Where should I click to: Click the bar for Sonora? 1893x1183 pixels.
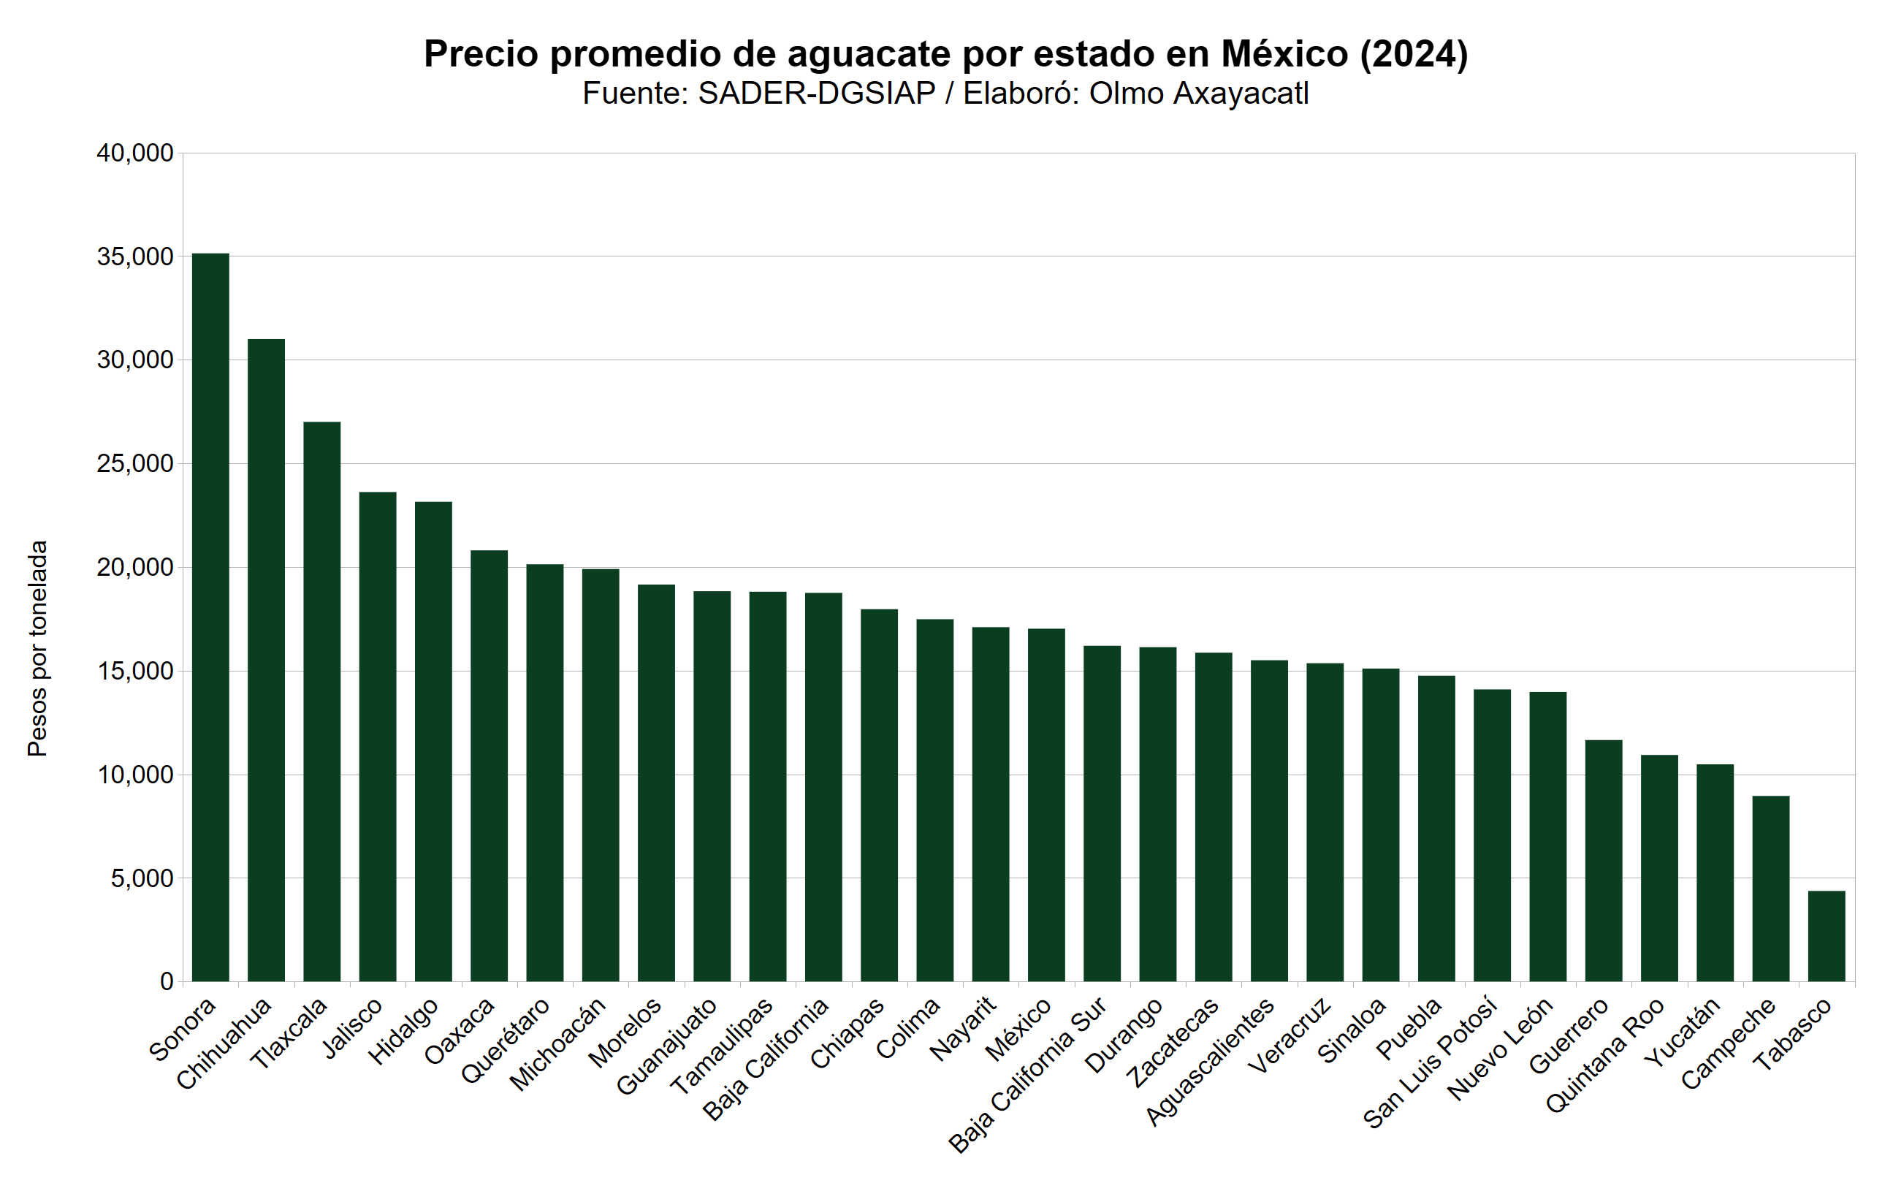pyautogui.click(x=210, y=617)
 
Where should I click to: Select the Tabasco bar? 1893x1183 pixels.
pyautogui.click(x=1827, y=936)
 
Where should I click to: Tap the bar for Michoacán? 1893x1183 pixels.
pyautogui.click(x=601, y=775)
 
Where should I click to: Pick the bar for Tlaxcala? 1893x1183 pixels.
pyautogui.click(x=322, y=701)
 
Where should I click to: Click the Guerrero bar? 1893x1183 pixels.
pyautogui.click(x=1604, y=861)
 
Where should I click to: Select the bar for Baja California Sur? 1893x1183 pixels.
pyautogui.click(x=1102, y=814)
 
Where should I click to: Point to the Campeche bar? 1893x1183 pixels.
pyautogui.click(x=1771, y=889)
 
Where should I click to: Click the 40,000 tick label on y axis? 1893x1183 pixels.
pyautogui.click(x=134, y=153)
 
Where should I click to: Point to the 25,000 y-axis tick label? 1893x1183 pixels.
pyautogui.click(x=134, y=464)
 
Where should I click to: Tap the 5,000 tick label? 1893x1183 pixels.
pyautogui.click(x=142, y=878)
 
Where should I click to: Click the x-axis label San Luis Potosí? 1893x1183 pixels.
pyautogui.click(x=1430, y=1064)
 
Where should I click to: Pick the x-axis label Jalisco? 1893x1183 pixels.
pyautogui.click(x=354, y=1029)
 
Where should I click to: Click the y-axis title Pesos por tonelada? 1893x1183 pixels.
pyautogui.click(x=37, y=648)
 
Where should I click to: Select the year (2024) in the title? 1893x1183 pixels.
pyautogui.click(x=1414, y=54)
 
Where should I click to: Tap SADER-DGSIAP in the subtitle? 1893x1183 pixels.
pyautogui.click(x=817, y=94)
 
